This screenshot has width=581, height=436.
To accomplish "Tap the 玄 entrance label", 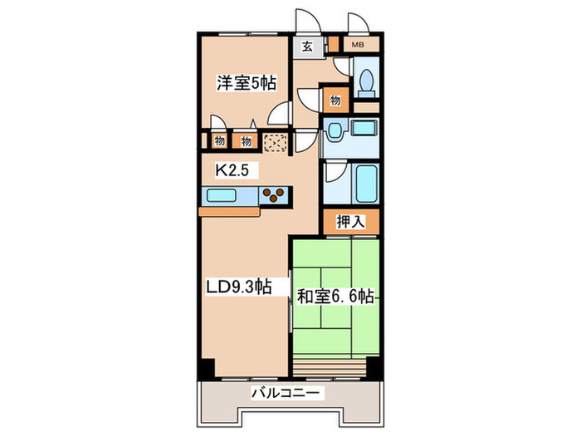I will coord(307,47).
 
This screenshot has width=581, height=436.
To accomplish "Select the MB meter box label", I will coord(358,44).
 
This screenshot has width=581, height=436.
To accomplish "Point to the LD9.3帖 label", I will coord(238,287).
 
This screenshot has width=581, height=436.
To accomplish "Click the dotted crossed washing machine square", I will coord(276,142).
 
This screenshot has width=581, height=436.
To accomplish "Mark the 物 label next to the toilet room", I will coord(334,99).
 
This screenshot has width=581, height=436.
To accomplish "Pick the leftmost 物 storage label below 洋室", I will coord(219,142).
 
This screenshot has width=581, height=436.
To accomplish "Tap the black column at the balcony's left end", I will coord(207,367).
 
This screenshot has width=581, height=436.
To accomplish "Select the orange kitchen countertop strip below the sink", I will coord(231,212).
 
